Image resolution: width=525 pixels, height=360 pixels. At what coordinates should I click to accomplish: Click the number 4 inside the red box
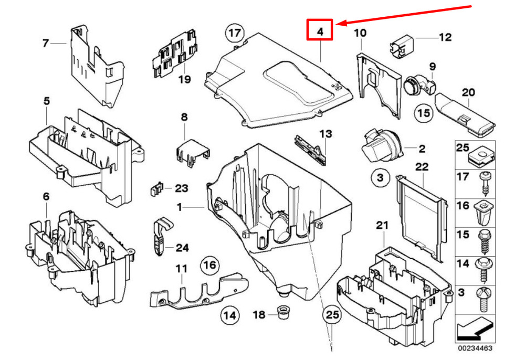[320, 31]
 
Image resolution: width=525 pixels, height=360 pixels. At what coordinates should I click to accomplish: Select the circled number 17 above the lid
[235, 33]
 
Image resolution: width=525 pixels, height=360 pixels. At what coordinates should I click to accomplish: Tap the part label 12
[445, 37]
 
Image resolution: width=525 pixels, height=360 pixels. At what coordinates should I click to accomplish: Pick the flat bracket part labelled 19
[174, 54]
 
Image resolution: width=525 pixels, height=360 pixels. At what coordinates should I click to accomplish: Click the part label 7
[46, 43]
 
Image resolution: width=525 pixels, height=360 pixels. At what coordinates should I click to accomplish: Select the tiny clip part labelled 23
[156, 189]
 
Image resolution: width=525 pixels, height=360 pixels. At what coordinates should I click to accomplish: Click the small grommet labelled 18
[283, 312]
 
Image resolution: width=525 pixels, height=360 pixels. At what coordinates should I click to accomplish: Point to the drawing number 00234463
[475, 348]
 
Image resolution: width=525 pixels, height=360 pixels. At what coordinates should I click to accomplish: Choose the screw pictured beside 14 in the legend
[483, 270]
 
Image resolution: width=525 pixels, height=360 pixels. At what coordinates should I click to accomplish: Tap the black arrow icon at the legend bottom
[475, 328]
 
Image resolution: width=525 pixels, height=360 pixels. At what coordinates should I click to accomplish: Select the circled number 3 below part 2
[380, 177]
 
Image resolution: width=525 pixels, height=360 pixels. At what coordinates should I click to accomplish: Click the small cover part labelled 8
[193, 153]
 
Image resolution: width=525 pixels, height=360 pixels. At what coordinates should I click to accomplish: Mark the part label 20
[468, 92]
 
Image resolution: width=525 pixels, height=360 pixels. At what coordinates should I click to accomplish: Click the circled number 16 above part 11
[210, 266]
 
